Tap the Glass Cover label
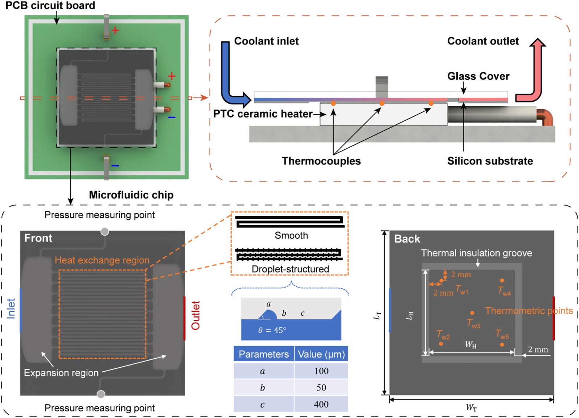478,76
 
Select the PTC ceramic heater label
262,114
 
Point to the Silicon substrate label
490,161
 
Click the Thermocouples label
321,161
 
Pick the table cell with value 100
321,371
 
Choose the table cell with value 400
321,404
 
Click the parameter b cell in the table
263,388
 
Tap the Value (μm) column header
321,354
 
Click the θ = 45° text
272,330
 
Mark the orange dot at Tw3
472,313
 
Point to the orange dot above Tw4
502,280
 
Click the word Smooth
291,235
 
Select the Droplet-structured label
290,269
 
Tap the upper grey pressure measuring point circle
105,231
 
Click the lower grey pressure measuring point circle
101,394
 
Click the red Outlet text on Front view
196,315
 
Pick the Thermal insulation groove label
476,253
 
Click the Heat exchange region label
102,260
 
